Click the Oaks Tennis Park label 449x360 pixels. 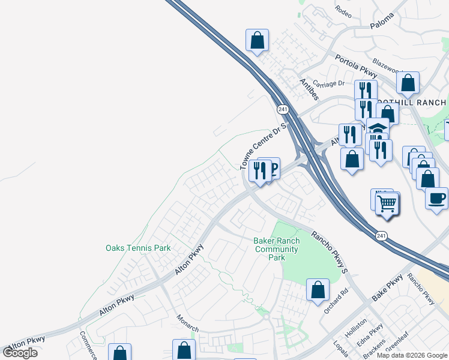pos(138,248)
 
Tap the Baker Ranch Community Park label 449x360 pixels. pos(276,249)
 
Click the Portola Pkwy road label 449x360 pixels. pos(355,67)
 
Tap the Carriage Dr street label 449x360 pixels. pos(329,84)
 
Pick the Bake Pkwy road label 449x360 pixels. pos(387,290)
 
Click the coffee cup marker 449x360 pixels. pos(436,197)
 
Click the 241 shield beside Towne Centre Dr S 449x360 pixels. pos(282,109)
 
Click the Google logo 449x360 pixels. pos(20,353)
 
